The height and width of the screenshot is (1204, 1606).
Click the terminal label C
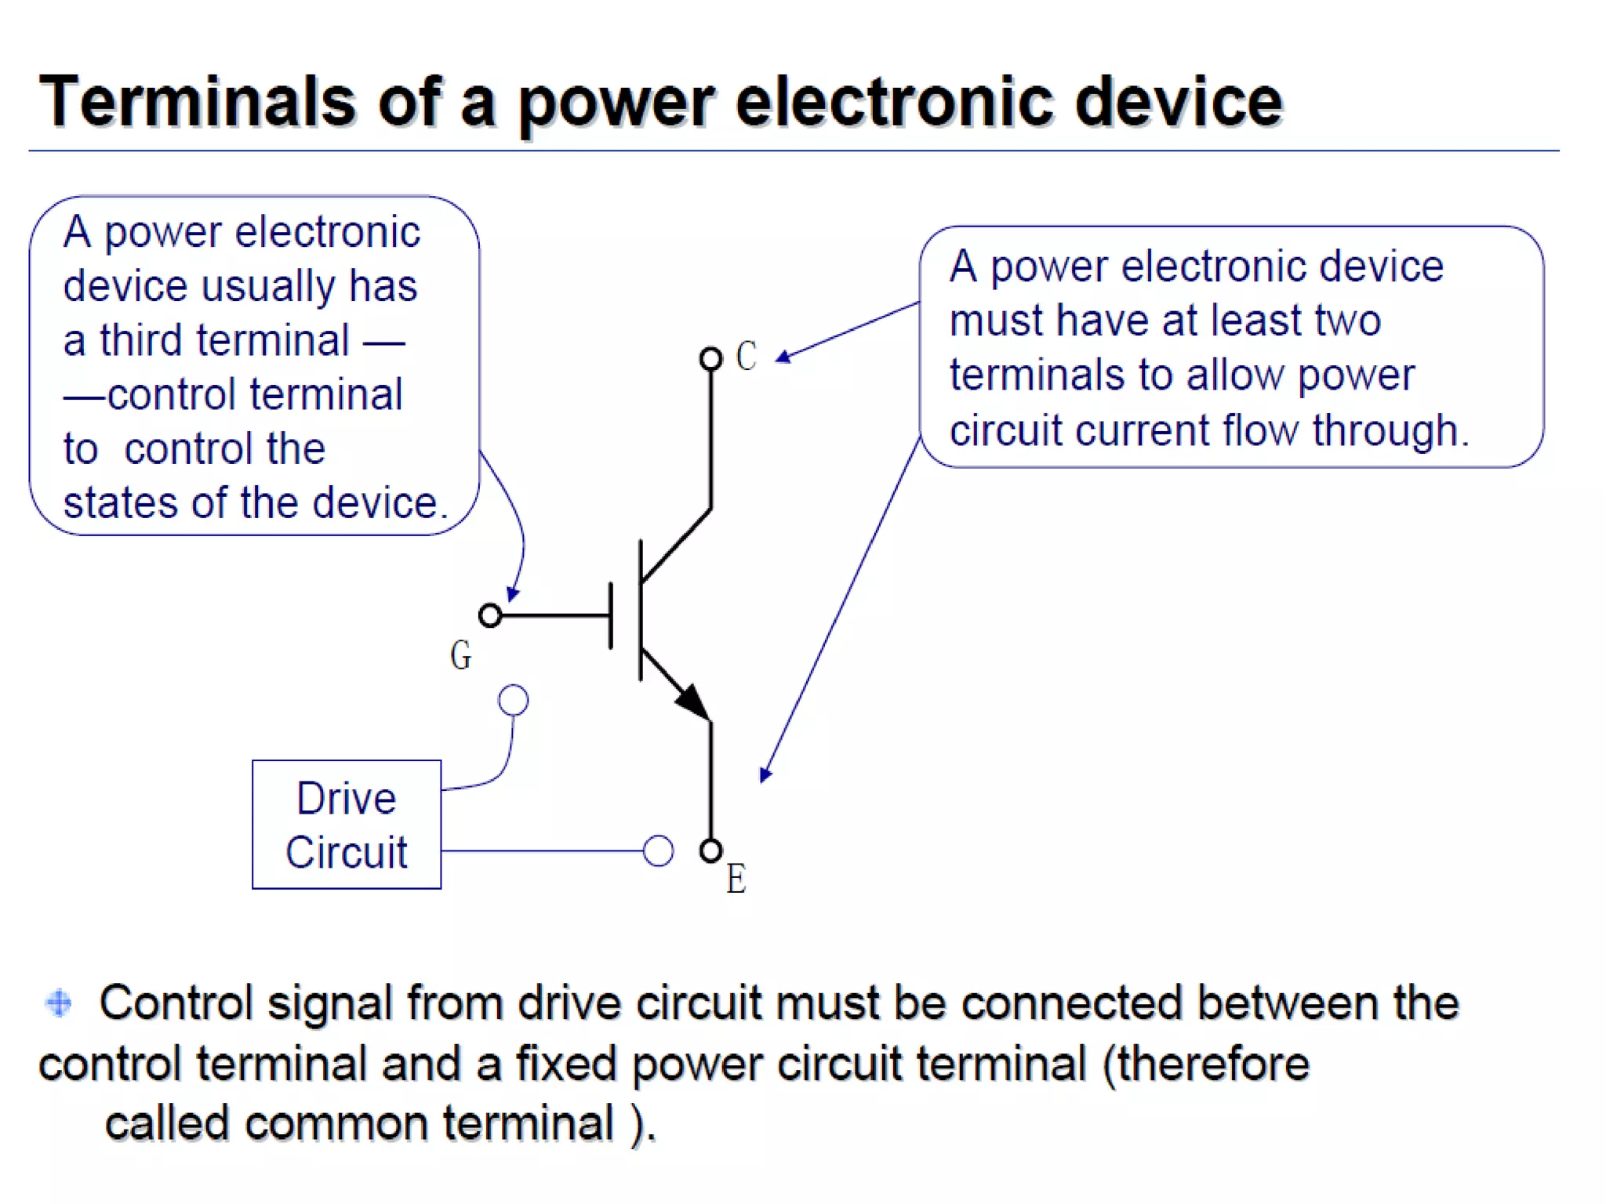tap(746, 357)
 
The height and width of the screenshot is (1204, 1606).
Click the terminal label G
tap(460, 655)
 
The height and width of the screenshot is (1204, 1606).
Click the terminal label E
tap(736, 879)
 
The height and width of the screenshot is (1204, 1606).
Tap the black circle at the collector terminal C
tap(710, 359)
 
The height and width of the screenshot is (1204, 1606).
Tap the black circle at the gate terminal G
tap(490, 615)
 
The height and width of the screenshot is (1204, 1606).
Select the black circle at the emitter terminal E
tap(710, 850)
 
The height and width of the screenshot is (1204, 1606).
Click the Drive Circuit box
tap(346, 825)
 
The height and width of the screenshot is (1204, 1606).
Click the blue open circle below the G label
tap(514, 700)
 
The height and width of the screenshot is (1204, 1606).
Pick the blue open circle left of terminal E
tap(658, 850)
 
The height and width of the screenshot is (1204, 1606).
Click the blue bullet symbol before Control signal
tap(59, 1003)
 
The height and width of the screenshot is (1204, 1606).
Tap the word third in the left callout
tap(146, 340)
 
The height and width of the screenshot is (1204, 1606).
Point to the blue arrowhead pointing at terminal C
tap(783, 357)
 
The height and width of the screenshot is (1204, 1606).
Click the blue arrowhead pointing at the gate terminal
tap(512, 594)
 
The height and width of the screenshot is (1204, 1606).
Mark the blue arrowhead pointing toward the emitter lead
tap(765, 774)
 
